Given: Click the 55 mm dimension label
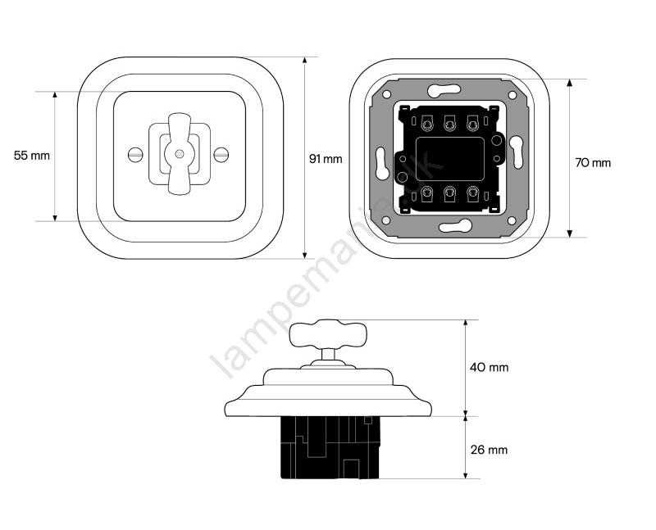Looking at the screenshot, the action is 32,156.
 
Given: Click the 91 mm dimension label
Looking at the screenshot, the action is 326,159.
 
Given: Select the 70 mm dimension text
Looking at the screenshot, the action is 593,162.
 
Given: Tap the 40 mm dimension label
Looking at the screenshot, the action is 489,368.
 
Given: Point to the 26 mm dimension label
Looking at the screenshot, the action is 489,450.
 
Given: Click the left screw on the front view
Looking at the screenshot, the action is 135,155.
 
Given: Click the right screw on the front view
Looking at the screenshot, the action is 221,155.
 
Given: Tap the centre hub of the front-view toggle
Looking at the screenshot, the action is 179,154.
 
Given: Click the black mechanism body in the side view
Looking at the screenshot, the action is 330,447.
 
